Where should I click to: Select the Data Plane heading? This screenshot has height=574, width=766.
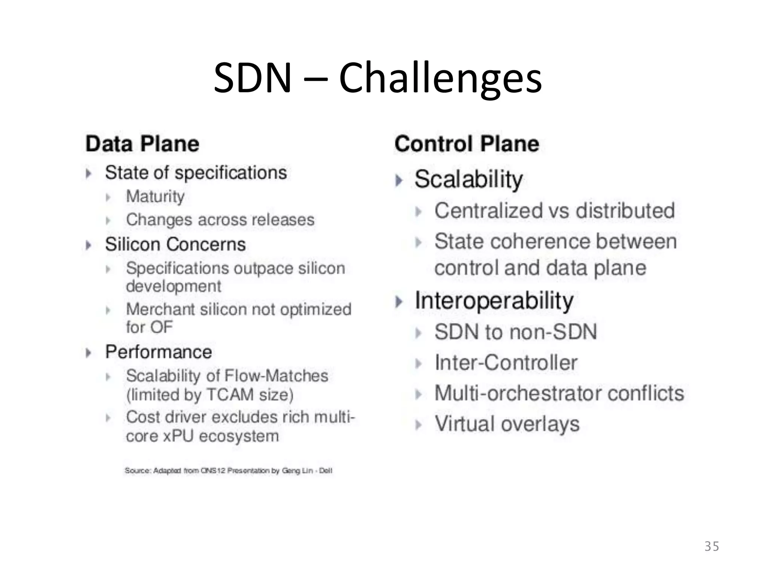(x=142, y=144)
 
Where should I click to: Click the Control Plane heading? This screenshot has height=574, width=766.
(x=466, y=144)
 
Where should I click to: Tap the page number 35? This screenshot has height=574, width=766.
(x=711, y=546)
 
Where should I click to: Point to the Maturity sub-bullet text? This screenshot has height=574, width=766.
(x=155, y=197)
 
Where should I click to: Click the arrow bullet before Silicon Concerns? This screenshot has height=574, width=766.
(x=89, y=245)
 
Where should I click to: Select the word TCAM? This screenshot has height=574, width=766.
(x=230, y=395)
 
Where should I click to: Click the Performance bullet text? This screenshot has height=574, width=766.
(x=158, y=352)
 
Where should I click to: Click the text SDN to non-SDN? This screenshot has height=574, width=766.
(x=515, y=332)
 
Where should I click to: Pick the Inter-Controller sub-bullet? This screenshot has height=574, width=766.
(x=506, y=362)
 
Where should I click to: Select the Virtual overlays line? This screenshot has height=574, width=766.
(x=507, y=424)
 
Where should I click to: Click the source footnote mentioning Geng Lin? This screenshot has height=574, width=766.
(x=228, y=470)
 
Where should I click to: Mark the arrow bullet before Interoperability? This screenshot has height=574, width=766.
(x=399, y=302)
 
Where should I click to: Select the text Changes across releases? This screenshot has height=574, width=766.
(x=220, y=220)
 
